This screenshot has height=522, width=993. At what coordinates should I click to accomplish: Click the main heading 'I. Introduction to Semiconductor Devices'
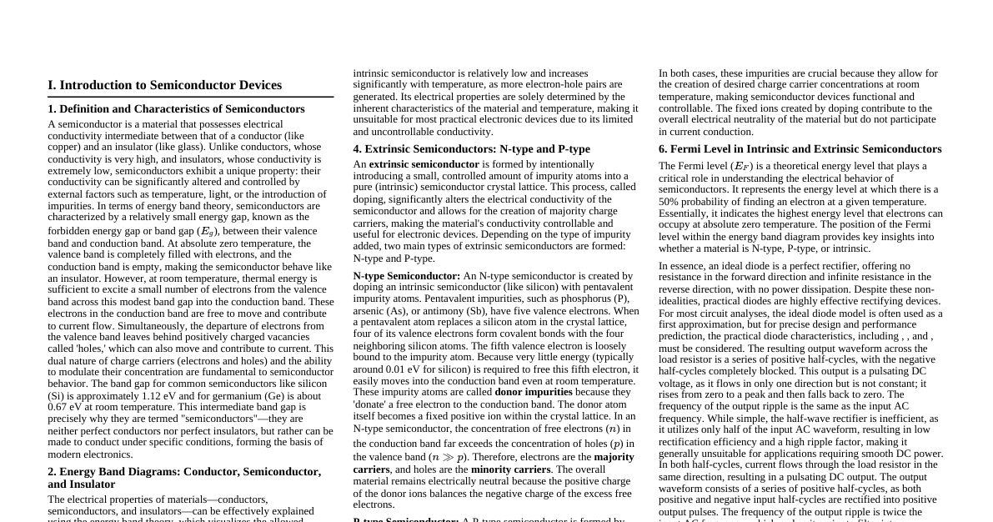(164, 85)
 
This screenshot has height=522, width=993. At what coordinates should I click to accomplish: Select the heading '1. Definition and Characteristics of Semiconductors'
(176, 108)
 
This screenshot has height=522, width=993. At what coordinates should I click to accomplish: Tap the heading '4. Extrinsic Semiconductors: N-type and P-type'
(471, 148)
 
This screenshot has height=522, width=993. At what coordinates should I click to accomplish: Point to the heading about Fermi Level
(800, 148)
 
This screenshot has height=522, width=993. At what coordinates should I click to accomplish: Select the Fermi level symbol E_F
(739, 167)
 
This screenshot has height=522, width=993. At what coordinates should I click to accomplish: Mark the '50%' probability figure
(670, 201)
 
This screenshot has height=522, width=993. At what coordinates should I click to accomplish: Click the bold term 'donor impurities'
(534, 392)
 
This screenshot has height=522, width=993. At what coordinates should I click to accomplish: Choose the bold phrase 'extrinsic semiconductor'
(424, 164)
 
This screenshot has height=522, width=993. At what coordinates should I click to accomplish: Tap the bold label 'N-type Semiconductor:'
(406, 275)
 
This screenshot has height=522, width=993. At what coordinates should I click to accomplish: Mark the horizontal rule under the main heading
(190, 97)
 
